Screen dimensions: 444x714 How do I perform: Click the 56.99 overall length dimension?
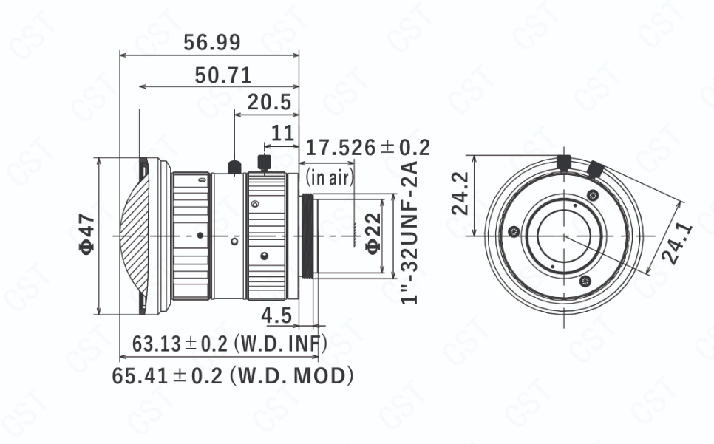[212, 43]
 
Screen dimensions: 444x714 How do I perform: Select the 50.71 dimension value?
[223, 75]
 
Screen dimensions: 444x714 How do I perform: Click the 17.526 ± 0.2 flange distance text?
[367, 147]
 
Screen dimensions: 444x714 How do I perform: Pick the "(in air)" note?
[330, 177]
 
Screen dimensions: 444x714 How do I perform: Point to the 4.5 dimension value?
[276, 315]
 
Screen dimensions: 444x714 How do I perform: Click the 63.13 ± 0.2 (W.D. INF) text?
[229, 344]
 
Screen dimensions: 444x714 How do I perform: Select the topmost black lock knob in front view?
[565, 162]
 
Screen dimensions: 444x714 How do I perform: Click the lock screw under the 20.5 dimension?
[234, 166]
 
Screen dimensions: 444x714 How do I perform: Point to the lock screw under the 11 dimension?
[263, 163]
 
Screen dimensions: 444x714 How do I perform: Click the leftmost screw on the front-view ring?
[514, 235]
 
